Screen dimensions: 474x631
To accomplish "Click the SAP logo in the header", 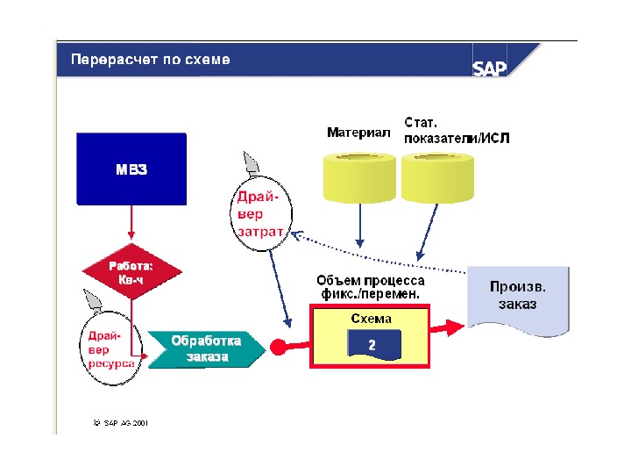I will pyautogui.click(x=490, y=68).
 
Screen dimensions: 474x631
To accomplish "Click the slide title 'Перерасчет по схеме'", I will pyautogui.click(x=145, y=61).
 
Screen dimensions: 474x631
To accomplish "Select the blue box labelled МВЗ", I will pyautogui.click(x=131, y=169).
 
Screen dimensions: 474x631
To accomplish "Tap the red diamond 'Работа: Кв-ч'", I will pyautogui.click(x=131, y=272).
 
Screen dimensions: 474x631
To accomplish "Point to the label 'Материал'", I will pyautogui.click(x=358, y=133).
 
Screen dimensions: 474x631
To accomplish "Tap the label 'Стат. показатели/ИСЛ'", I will pyautogui.click(x=456, y=131).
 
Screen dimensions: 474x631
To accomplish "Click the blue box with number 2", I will pyautogui.click(x=372, y=345).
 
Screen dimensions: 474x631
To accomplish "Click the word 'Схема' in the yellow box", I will pyautogui.click(x=371, y=319).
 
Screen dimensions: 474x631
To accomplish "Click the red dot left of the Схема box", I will pyautogui.click(x=279, y=347).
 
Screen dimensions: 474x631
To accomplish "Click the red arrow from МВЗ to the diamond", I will pyautogui.click(x=131, y=226).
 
